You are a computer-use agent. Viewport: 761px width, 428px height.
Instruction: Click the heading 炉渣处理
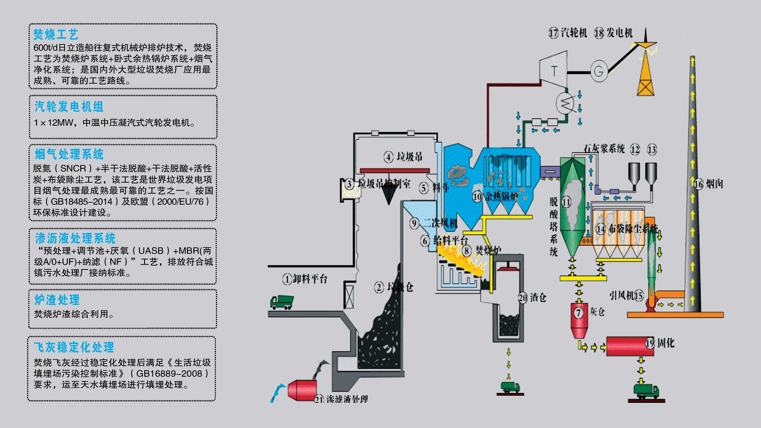pyautogui.click(x=57, y=300)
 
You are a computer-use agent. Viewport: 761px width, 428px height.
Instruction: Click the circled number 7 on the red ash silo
pyautogui.click(x=578, y=313)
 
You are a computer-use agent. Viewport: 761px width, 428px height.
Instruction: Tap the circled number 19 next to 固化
pyautogui.click(x=650, y=343)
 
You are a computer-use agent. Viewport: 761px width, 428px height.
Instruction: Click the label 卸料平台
pyautogui.click(x=310, y=279)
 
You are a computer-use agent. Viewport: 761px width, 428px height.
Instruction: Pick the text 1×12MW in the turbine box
pyautogui.click(x=53, y=123)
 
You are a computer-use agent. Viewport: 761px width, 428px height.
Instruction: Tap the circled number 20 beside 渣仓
pyautogui.click(x=523, y=298)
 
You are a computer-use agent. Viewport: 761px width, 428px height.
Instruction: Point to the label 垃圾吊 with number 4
pyautogui.click(x=409, y=157)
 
